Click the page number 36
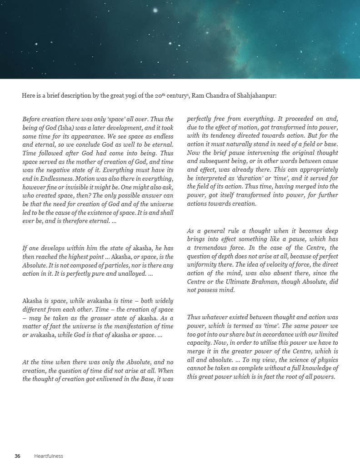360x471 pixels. [x=17, y=456]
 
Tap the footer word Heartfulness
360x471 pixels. [x=49, y=456]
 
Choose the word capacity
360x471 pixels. [x=199, y=342]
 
